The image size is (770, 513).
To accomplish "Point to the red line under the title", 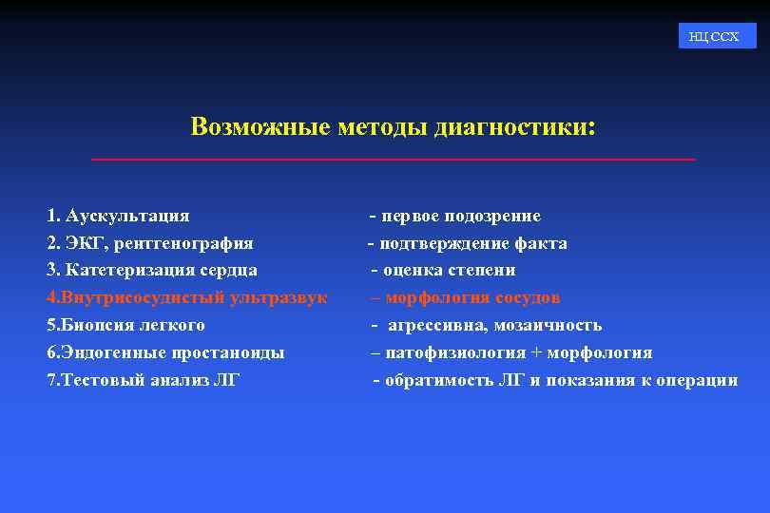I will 393,159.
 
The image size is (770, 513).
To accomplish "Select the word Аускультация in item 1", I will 127,216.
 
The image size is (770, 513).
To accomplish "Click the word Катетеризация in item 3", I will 121,270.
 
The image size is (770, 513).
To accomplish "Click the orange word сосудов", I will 528,297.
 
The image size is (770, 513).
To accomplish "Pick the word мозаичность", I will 548,325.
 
